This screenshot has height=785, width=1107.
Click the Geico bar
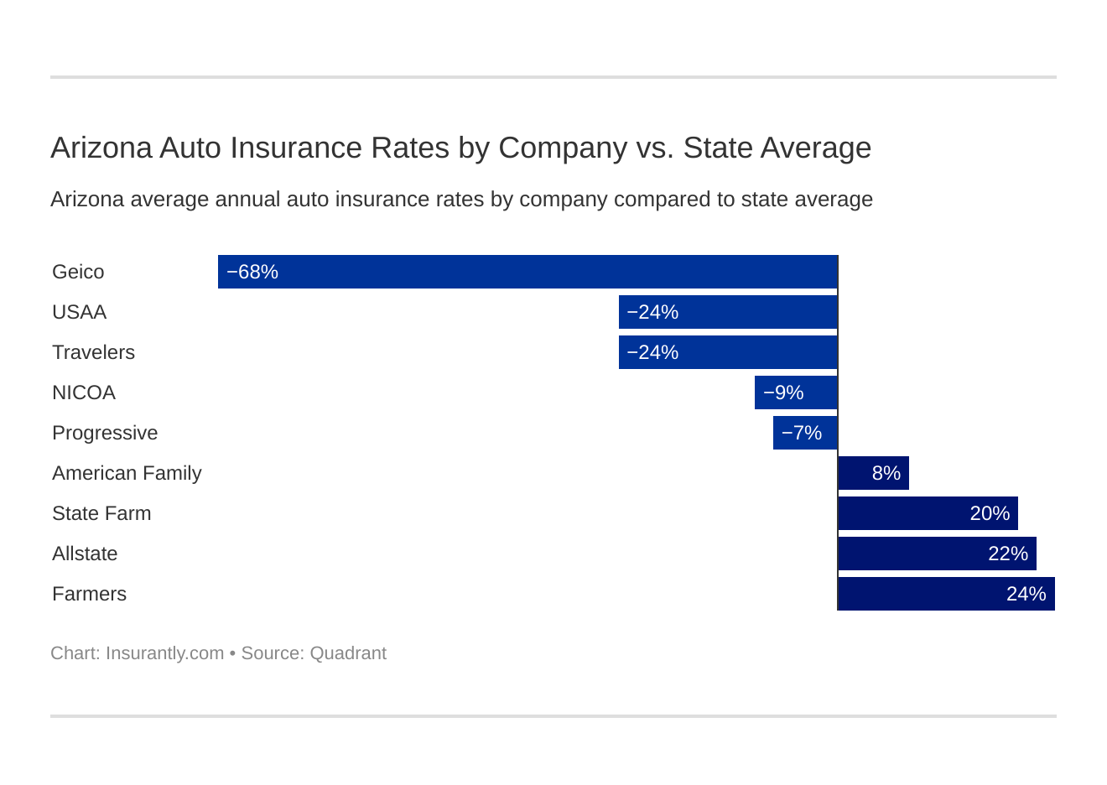click(528, 272)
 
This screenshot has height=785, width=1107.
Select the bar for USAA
click(728, 312)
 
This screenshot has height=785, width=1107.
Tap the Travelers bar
click(728, 352)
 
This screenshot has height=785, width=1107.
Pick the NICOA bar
click(796, 392)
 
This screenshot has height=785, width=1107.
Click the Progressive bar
click(805, 433)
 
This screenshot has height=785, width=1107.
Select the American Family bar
click(873, 473)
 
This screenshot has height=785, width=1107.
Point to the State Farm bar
click(928, 513)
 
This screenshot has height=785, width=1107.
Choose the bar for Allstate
click(937, 554)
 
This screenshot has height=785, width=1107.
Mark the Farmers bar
click(946, 594)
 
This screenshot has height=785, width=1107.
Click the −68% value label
click(252, 272)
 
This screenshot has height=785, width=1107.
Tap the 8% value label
click(886, 473)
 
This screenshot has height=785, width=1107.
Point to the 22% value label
click(1008, 554)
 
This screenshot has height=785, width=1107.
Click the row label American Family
click(127, 473)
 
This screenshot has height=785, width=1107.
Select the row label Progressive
click(105, 433)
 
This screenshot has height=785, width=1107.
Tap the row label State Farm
click(101, 513)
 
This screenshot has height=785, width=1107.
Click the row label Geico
click(78, 272)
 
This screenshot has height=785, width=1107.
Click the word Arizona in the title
click(101, 148)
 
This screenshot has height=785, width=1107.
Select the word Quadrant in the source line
click(348, 653)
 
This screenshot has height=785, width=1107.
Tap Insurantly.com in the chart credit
click(164, 653)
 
